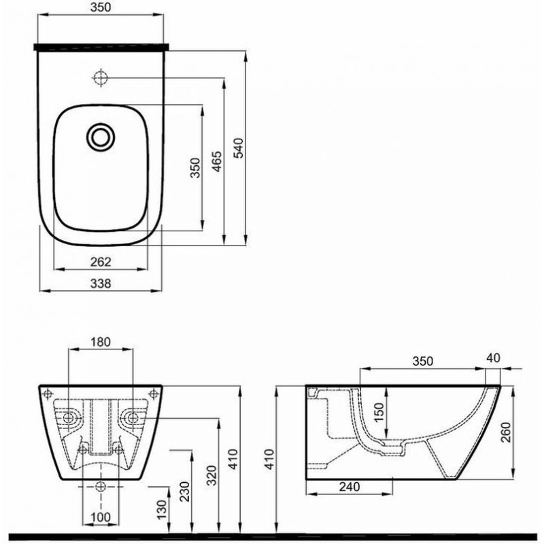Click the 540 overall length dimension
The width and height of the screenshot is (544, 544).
tap(239, 148)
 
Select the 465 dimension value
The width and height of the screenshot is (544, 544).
tap(217, 161)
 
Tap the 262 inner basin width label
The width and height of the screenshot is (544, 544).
tap(101, 262)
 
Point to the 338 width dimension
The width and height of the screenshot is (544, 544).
tap(101, 284)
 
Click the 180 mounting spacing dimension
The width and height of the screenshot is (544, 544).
tap(101, 342)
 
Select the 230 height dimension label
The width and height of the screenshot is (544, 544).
tap(186, 491)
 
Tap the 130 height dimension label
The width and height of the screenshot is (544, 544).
tap(162, 509)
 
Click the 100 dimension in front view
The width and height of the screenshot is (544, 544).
tap(101, 517)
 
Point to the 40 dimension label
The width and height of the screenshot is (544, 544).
tap(494, 358)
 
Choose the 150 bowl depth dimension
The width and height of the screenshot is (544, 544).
tap(379, 412)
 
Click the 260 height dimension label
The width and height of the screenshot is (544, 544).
tap(507, 432)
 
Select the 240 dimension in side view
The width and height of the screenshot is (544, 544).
tap(350, 487)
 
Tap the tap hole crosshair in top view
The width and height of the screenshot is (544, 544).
tap(101, 78)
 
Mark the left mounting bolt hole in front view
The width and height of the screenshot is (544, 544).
tap(69, 418)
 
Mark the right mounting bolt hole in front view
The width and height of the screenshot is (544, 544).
tap(133, 418)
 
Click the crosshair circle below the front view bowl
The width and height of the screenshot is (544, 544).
tap(101, 487)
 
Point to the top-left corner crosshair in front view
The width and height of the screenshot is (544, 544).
tap(48, 394)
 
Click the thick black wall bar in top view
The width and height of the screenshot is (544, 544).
tap(101, 47)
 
